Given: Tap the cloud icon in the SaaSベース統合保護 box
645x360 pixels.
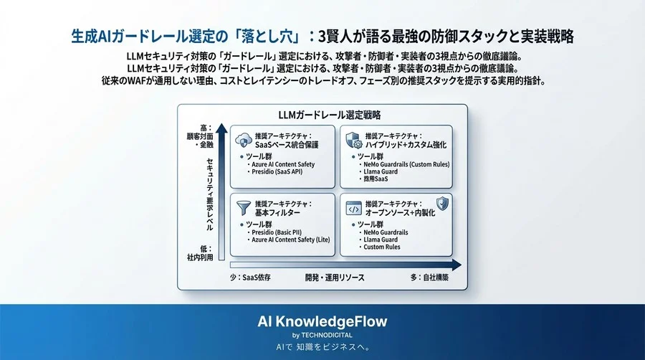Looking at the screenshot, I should click(244, 141).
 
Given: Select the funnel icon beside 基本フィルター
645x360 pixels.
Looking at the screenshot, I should click(244, 208).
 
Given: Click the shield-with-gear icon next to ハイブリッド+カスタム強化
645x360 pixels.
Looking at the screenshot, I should click(353, 140).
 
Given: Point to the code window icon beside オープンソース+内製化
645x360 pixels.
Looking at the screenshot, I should click(353, 207).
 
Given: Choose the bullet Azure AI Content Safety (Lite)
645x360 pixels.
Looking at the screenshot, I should click(290, 240).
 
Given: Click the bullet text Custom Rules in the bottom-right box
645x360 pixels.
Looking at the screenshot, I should click(383, 247).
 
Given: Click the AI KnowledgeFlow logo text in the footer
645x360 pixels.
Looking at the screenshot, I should click(322, 321).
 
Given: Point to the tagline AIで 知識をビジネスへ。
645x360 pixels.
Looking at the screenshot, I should click(322, 347).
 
